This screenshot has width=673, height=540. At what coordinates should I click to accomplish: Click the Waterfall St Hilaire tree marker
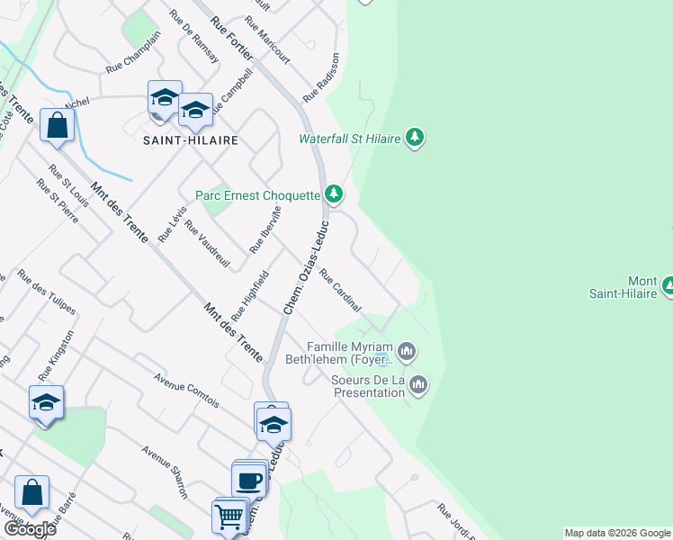(x=414, y=138)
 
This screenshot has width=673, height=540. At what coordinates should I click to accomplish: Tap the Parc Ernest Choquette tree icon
(x=334, y=193)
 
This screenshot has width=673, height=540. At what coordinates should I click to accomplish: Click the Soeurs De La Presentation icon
(x=417, y=386)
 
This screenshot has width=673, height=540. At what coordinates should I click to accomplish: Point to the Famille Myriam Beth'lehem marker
(x=407, y=351)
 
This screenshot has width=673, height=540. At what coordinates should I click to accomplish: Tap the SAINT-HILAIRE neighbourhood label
(x=191, y=140)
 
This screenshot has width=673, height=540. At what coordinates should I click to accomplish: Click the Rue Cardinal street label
(x=340, y=292)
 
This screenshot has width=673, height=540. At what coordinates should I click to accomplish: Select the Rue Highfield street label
(x=250, y=296)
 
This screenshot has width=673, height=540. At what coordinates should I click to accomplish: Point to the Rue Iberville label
(x=266, y=229)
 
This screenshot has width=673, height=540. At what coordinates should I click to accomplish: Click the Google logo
(x=30, y=529)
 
